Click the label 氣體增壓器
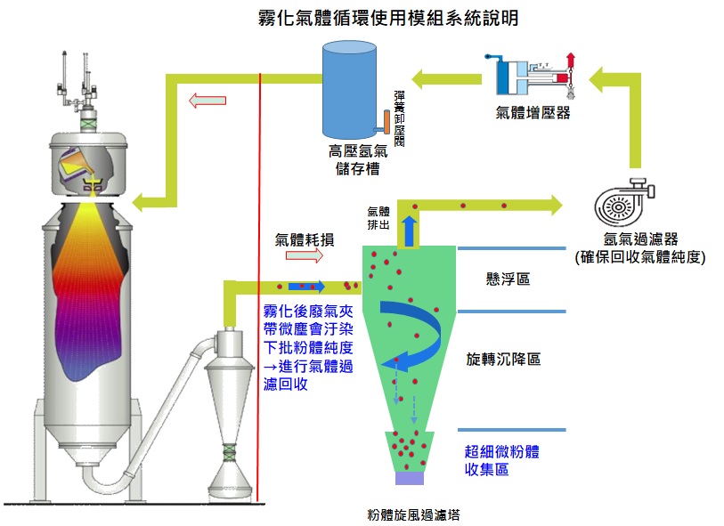click(x=533, y=113)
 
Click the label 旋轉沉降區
click(x=504, y=360)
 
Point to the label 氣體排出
click(x=378, y=218)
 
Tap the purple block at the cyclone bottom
click(x=408, y=478)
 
